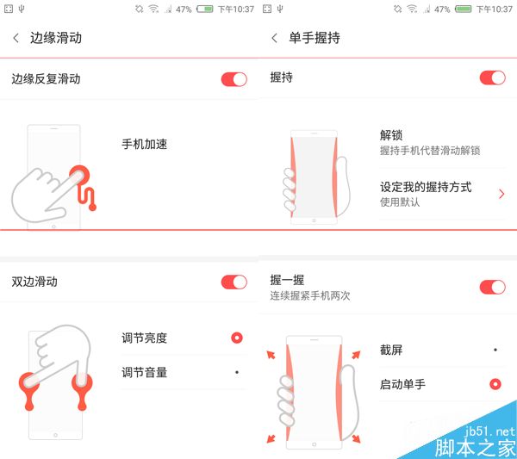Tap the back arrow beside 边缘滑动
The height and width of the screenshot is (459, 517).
click(16, 38)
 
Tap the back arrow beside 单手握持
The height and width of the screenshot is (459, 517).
click(274, 38)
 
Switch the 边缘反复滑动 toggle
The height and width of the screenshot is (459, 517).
click(234, 79)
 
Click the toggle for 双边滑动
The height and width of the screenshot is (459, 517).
click(234, 282)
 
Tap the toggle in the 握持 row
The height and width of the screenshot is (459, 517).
click(493, 78)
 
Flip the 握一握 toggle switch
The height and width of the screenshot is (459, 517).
click(493, 287)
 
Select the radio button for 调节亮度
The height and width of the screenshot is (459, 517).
click(237, 338)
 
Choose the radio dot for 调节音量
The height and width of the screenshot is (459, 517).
click(237, 372)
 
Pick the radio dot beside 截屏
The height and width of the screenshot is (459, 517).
click(495, 350)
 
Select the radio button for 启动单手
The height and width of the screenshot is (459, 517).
click(495, 384)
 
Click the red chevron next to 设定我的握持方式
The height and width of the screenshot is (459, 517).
click(501, 194)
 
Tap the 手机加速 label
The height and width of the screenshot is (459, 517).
click(145, 144)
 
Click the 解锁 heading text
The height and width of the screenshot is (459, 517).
click(391, 135)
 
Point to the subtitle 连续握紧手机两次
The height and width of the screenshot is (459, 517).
click(310, 295)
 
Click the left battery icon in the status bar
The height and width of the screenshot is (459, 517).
click(205, 9)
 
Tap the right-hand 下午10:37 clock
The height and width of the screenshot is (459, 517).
click(494, 9)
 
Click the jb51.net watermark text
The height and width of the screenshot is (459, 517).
click(489, 431)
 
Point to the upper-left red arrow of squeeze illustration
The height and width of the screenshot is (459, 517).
click(271, 355)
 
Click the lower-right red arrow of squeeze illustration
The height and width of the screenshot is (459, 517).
click(356, 438)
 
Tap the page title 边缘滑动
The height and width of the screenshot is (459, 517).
click(56, 38)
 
